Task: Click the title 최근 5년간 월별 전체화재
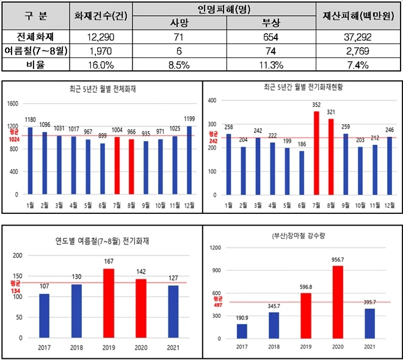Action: (x=103, y=89)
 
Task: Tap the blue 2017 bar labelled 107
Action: (x=44, y=315)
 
